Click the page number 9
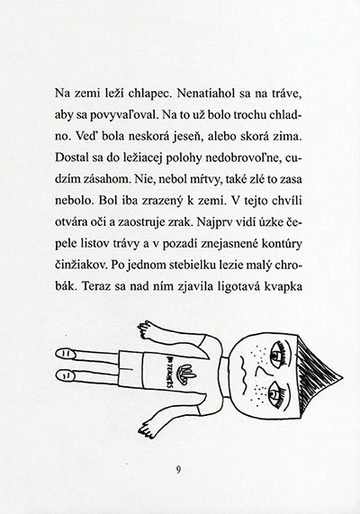[x=179, y=467]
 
